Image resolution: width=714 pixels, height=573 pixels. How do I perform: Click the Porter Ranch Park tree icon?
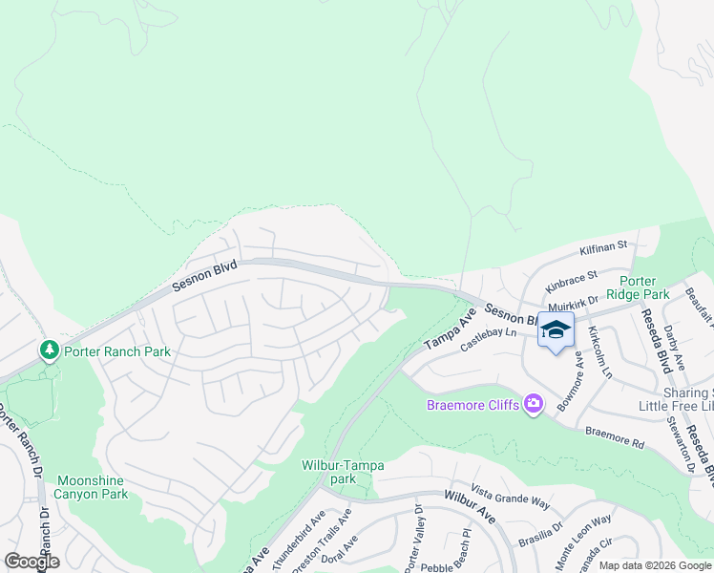point(50,351)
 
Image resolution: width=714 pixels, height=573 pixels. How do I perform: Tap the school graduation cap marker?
point(556,330)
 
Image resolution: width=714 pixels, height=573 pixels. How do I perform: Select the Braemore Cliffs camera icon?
point(533,405)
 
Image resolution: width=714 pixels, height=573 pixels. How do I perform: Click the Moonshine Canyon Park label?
point(92,487)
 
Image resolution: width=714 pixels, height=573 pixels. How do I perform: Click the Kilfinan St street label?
point(602,246)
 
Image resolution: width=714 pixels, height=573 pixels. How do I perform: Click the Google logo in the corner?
point(31,562)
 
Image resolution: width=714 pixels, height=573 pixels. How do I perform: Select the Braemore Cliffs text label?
point(472,406)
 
